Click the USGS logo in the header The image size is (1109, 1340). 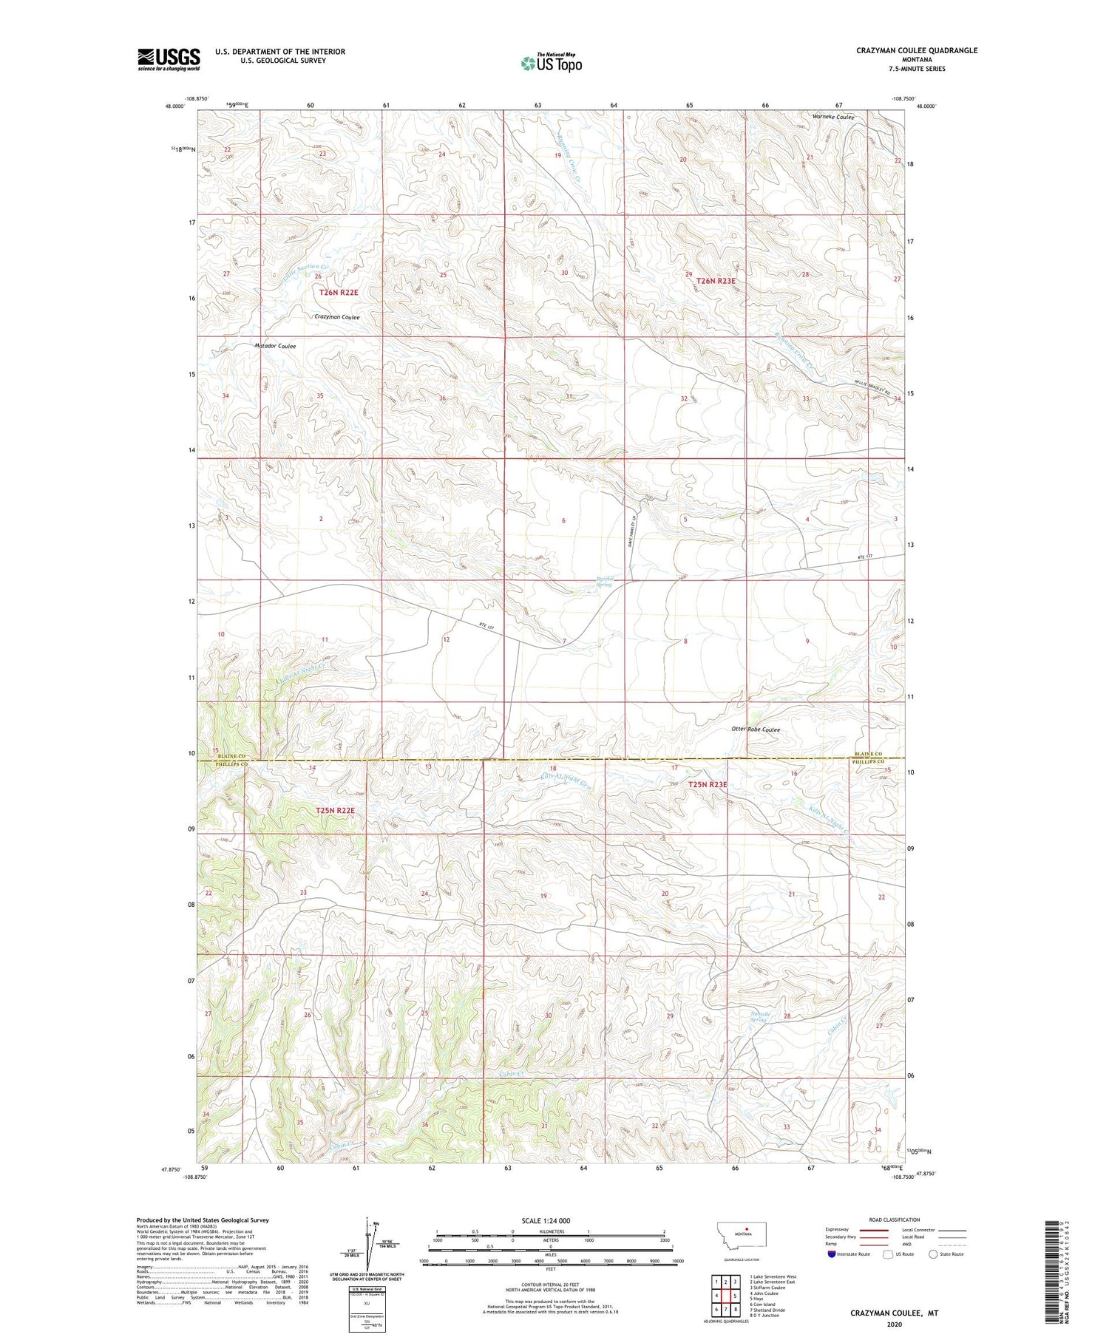point(169,59)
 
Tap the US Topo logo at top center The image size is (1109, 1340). point(551,64)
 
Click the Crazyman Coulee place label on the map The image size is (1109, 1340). point(337,317)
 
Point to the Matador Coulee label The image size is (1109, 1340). point(275,346)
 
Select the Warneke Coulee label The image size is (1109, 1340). point(832,118)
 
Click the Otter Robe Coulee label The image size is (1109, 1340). point(756,729)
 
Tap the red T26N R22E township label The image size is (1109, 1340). point(339,293)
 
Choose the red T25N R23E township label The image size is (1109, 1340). point(708,784)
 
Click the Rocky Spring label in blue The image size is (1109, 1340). point(605,582)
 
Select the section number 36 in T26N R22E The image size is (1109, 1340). point(442,398)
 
